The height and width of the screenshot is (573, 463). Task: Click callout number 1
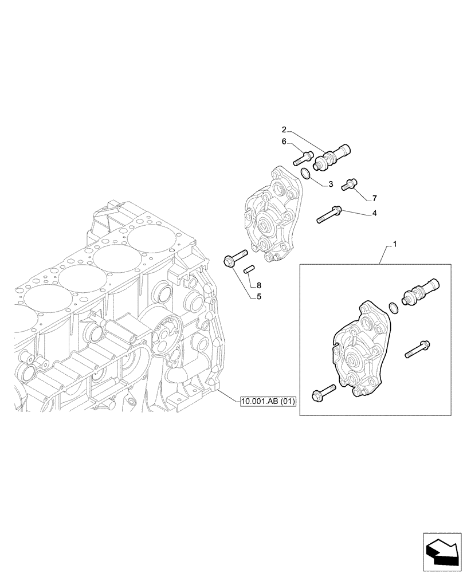pos(394,245)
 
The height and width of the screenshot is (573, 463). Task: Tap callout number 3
pos(331,184)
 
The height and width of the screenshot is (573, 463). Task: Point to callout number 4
pos(374,213)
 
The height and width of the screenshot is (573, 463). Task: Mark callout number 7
pos(374,198)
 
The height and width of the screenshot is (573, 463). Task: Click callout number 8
pos(259,285)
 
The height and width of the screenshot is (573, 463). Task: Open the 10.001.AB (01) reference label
pos(267,402)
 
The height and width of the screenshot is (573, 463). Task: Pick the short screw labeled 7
pos(348,184)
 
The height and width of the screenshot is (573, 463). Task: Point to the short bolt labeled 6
pos(303,155)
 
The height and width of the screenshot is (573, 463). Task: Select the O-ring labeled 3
pos(307,172)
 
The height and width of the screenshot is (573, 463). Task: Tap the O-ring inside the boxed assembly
pos(393,308)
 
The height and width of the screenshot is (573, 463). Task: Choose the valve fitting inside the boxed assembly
pos(421,291)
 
